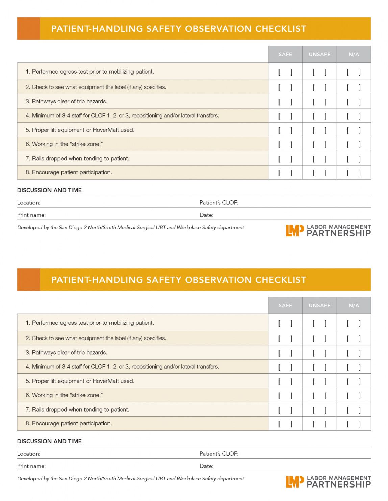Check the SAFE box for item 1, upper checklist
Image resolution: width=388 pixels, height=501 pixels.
285,72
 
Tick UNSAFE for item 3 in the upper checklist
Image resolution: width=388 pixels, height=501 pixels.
319,102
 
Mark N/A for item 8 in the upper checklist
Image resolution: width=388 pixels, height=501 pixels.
354,173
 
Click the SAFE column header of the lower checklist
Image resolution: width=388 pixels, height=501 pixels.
285,305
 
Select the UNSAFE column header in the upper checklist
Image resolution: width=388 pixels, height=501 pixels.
319,54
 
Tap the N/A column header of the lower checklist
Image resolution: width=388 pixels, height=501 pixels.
354,305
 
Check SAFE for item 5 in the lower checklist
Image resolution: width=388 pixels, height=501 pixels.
285,381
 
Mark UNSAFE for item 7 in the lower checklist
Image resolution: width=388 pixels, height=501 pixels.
319,410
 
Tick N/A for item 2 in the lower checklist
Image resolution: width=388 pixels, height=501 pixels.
354,338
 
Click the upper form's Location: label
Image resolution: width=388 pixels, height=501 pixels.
29,203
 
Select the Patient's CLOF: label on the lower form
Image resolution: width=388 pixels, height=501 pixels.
219,454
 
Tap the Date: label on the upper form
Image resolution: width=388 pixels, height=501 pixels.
206,215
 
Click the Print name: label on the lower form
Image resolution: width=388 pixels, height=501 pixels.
31,466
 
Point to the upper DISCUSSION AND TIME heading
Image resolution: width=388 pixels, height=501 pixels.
49,190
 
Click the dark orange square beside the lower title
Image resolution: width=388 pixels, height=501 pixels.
28,280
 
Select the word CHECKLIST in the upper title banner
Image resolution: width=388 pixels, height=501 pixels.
281,29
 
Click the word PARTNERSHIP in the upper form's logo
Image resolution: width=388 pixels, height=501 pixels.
339,233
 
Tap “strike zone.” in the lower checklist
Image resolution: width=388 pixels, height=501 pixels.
87,395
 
